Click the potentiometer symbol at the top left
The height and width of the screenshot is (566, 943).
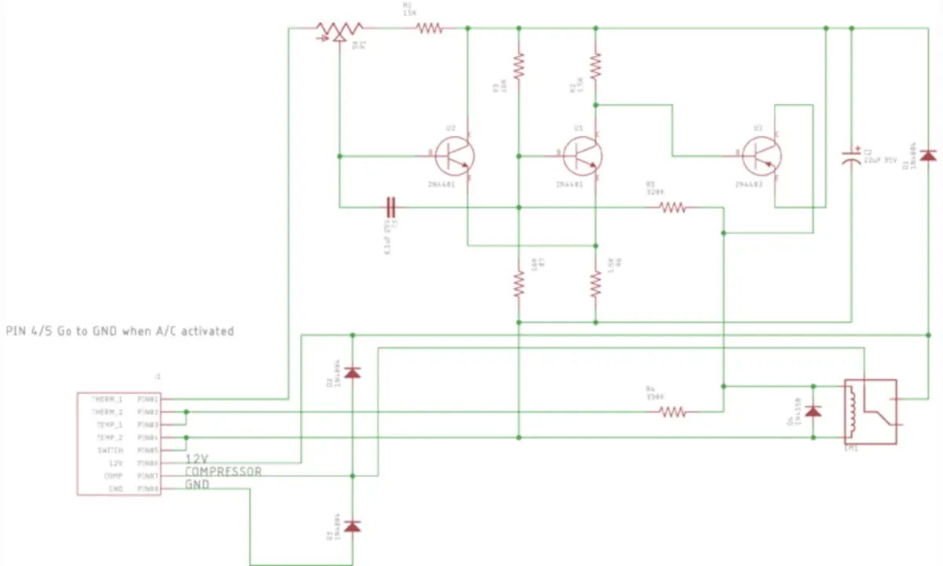[x=335, y=31]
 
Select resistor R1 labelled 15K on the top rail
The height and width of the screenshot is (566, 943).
[x=429, y=28]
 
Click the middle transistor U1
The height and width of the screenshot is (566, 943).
[x=582, y=156]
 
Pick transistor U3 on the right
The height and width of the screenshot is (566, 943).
[x=761, y=156]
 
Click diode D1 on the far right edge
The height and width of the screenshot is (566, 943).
[x=928, y=155]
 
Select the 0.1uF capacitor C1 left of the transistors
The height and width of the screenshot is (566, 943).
[x=393, y=208]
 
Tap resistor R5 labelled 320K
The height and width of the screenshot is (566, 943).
[x=673, y=208]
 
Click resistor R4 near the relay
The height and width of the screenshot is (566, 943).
[x=673, y=411]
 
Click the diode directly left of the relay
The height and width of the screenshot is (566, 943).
[x=814, y=411]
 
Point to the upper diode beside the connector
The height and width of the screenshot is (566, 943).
[x=353, y=372]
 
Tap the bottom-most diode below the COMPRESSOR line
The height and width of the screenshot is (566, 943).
[x=353, y=525]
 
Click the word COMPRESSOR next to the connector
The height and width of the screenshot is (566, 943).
[x=223, y=472]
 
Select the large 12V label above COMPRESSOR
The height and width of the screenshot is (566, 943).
[x=197, y=458]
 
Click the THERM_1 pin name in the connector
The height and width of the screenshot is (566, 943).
[x=107, y=399]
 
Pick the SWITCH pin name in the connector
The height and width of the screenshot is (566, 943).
[x=109, y=450]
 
